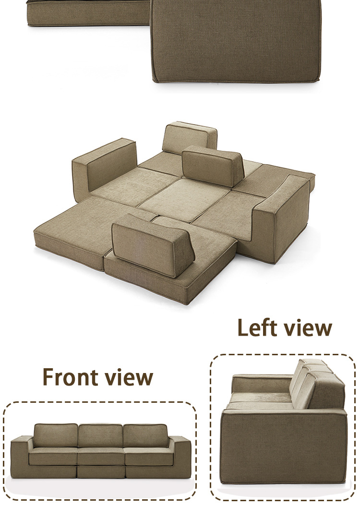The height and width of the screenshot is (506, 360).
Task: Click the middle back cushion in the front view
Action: coord(100,435)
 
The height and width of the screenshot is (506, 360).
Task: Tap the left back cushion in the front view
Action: coord(56,435)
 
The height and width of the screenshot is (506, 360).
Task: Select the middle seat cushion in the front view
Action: coord(100,456)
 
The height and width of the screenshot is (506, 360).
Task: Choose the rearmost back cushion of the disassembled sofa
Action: coord(189,137)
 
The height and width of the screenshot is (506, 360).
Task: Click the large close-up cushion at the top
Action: coord(235,41)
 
